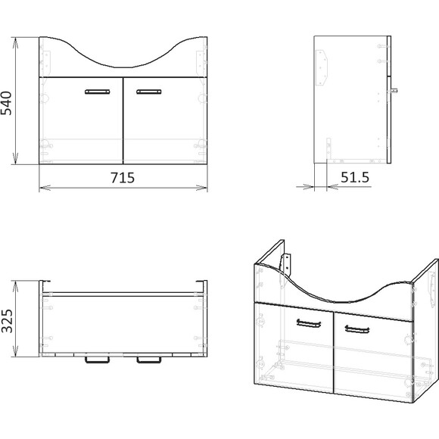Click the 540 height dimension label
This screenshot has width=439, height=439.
pos(6,103)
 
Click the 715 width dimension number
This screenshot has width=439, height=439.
pos(123,178)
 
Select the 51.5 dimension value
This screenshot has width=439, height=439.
pos(355,177)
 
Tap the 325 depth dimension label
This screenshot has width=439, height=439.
pos(7,321)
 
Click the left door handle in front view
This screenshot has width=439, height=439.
pos(97,92)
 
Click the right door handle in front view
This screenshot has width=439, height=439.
pos(149,92)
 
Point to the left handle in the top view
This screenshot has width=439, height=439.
pos(97,360)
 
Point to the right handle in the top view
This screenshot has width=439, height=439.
pos(149,360)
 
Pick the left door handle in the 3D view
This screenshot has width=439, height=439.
pos(309,323)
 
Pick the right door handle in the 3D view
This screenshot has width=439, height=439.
pos(357,329)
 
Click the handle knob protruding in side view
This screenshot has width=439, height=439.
pos(394,90)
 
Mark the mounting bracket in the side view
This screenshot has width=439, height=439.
pos(322,68)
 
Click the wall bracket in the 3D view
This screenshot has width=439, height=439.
pos(286,263)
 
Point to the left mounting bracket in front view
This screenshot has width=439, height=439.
pos(45,61)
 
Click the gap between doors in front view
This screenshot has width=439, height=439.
pos(123,120)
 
